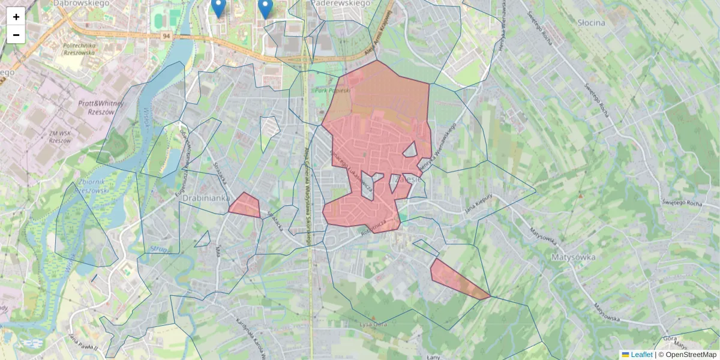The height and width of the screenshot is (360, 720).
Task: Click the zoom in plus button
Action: tap(16, 17)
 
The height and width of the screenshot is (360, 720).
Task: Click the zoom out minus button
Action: tap(16, 35)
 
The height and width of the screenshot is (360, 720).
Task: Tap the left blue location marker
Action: tap(218, 7)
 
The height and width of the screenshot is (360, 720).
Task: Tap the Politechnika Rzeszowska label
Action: tap(80, 49)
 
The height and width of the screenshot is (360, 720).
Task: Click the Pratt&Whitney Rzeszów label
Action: tap(101, 107)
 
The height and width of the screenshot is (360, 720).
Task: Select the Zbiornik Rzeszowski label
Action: tap(89, 186)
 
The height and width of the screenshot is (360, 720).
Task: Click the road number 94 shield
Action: tap(166, 37)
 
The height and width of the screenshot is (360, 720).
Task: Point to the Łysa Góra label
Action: tap(373, 325)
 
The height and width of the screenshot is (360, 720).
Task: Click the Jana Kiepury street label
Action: tap(478, 203)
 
